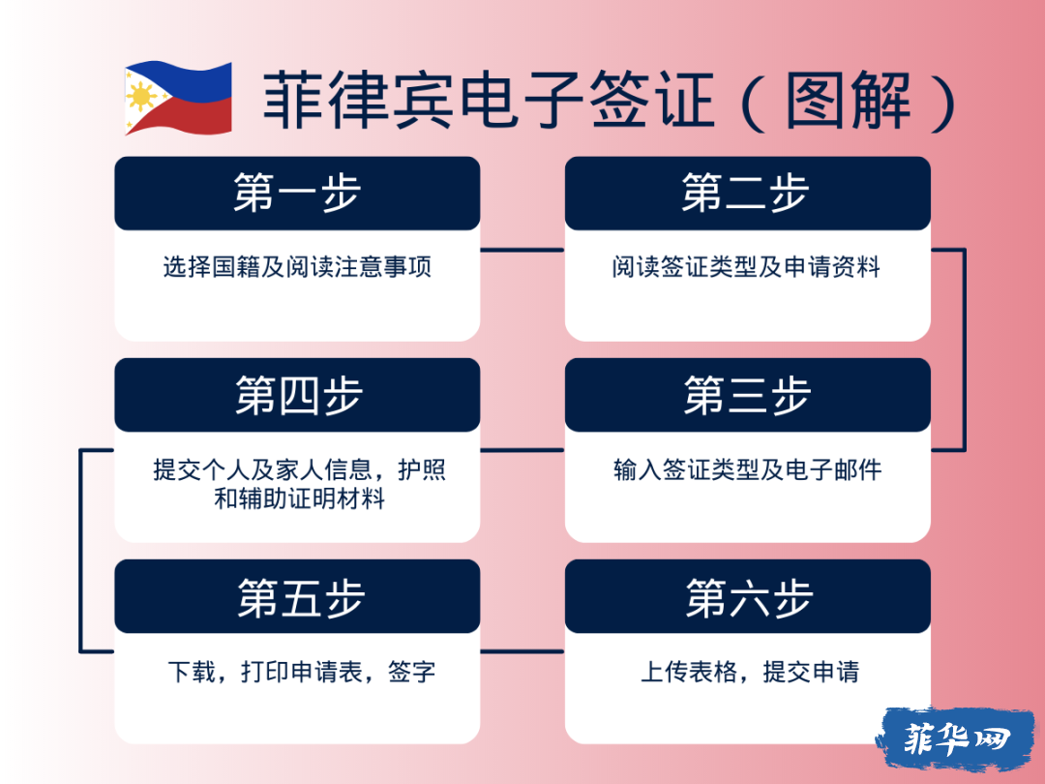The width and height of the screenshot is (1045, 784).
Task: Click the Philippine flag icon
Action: pyautogui.click(x=178, y=98)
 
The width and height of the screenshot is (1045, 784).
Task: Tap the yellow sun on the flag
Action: pyautogui.click(x=142, y=98)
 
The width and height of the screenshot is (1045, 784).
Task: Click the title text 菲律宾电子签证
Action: pyautogui.click(x=490, y=100)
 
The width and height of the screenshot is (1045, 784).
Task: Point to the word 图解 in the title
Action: pyautogui.click(x=849, y=100)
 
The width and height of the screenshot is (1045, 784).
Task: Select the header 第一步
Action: pyautogui.click(x=297, y=193)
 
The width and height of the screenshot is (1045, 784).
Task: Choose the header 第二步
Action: pyautogui.click(x=746, y=193)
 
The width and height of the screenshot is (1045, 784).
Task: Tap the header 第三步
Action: pyautogui.click(x=747, y=395)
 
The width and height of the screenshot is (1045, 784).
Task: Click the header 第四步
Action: pyautogui.click(x=299, y=395)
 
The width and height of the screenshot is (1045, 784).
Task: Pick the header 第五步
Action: pyautogui.click(x=301, y=597)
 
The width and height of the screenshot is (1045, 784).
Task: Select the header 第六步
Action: pyautogui.click(x=749, y=597)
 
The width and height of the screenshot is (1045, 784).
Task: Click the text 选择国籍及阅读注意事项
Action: pyautogui.click(x=297, y=267)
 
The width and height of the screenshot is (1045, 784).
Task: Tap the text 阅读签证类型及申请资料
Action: pyautogui.click(x=746, y=267)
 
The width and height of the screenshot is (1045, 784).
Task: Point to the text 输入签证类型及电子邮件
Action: pyautogui.click(x=748, y=470)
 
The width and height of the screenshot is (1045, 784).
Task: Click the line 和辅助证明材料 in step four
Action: pyautogui.click(x=299, y=498)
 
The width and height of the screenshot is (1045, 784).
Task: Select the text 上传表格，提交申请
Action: pyautogui.click(x=750, y=672)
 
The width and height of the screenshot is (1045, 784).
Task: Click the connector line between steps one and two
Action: pyautogui.click(x=522, y=250)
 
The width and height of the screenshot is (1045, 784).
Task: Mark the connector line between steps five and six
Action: pyautogui.click(x=522, y=651)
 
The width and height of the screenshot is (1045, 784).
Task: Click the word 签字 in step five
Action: pyautogui.click(x=412, y=672)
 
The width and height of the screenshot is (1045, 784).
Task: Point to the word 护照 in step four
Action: pyautogui.click(x=421, y=470)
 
